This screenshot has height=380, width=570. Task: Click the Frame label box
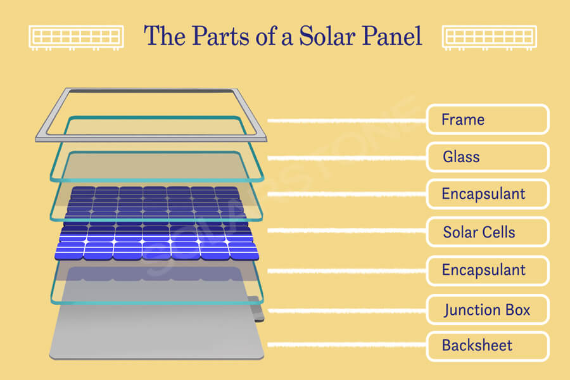(488, 119)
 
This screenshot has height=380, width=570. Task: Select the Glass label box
(488, 157)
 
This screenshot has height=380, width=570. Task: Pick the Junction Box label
(488, 310)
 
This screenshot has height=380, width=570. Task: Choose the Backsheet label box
(488, 346)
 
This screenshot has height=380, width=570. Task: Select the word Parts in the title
(220, 35)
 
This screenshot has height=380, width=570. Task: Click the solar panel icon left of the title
(77, 37)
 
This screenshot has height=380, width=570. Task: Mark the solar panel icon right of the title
(490, 37)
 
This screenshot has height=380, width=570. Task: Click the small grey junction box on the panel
(257, 309)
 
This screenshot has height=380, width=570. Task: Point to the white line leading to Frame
(347, 120)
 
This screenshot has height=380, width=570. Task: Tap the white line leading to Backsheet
(347, 345)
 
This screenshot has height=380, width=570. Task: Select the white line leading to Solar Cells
(347, 231)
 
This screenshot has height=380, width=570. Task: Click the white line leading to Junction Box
(347, 310)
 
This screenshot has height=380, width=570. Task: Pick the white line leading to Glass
(347, 158)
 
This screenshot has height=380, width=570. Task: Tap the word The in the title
(165, 35)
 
